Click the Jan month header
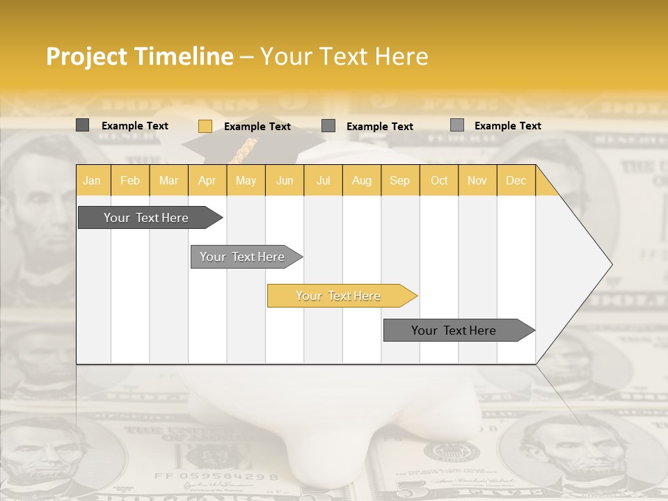92,180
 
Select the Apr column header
207,180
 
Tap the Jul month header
323,180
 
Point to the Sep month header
399,180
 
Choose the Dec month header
516,180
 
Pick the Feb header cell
130,180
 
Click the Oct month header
439,180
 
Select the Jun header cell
285,180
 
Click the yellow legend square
205,126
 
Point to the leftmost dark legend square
83,125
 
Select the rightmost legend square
457,125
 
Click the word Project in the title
87,56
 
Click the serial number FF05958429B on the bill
216,477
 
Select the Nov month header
477,180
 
